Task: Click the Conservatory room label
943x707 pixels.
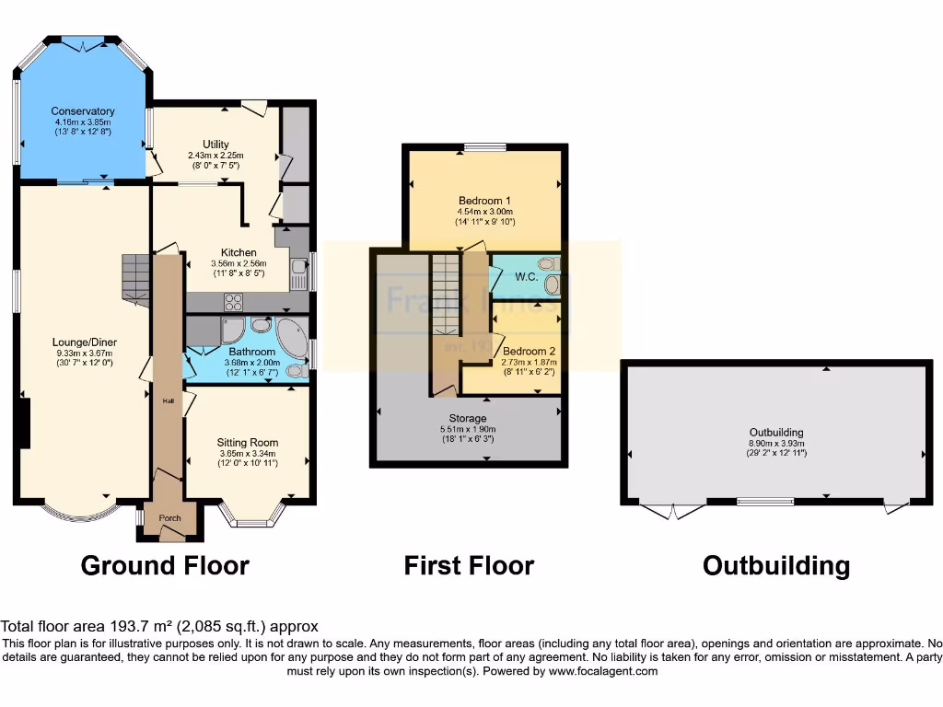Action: (84, 111)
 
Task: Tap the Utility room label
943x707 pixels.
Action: (215, 144)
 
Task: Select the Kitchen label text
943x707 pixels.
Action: (239, 252)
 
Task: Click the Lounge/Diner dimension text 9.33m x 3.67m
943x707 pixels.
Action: (84, 353)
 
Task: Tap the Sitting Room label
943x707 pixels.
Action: (248, 442)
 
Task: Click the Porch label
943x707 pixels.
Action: (169, 518)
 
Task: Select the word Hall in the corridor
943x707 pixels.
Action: (169, 401)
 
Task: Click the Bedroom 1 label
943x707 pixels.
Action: (484, 201)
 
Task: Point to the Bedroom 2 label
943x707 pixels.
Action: (529, 352)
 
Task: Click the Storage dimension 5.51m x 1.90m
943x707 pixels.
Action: (469, 429)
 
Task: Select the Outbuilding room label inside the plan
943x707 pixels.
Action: (776, 432)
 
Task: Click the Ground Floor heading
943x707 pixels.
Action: (165, 564)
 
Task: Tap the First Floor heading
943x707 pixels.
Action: (469, 564)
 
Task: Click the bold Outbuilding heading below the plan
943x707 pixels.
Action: (776, 564)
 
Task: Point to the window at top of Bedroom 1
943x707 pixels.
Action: (484, 146)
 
